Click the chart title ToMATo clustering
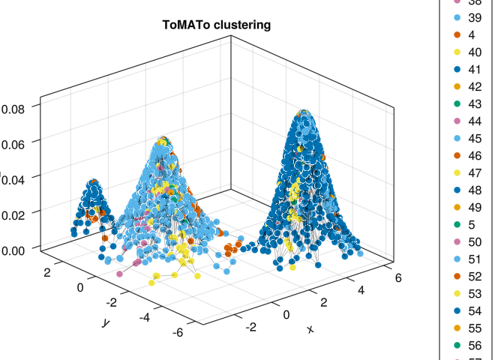(x=217, y=25)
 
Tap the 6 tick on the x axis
(x=397, y=277)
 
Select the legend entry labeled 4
(x=471, y=34)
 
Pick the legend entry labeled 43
(x=474, y=103)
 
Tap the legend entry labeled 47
(x=474, y=172)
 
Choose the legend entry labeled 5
(x=471, y=223)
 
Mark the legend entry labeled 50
(x=474, y=241)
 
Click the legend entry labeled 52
(x=474, y=275)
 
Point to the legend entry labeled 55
(x=474, y=328)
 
